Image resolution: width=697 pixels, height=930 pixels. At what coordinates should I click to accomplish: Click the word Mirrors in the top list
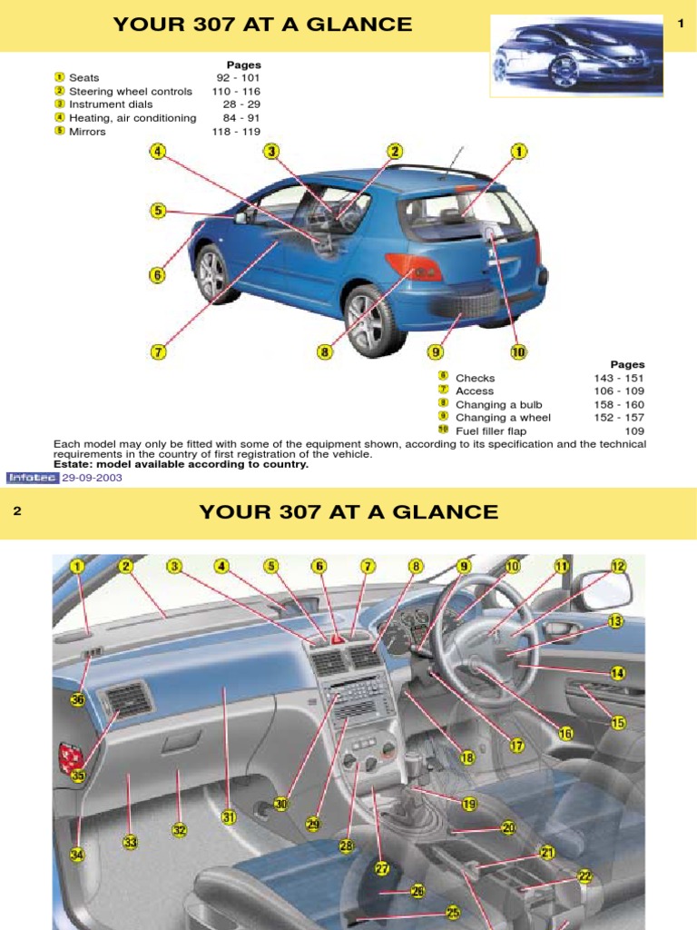click(x=87, y=132)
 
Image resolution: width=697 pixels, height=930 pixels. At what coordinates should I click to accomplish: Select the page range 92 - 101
click(x=238, y=78)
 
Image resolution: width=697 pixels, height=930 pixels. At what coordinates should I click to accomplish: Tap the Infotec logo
click(x=31, y=477)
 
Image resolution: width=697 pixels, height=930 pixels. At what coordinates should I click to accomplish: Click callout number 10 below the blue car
click(x=518, y=351)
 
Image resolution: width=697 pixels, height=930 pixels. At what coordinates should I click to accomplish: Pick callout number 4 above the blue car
click(x=158, y=152)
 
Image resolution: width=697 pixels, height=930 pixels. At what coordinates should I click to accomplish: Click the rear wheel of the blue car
click(x=374, y=320)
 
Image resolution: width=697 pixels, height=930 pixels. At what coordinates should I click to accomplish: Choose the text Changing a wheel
click(x=503, y=418)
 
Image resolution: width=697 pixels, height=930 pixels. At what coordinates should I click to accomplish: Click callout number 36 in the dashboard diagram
click(x=77, y=699)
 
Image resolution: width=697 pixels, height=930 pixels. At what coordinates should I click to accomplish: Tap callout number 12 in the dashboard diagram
click(x=618, y=566)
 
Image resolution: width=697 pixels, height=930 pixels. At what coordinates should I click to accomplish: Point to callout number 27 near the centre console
click(x=382, y=869)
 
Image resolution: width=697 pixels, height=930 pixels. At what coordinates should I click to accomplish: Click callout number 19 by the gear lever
click(x=469, y=804)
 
